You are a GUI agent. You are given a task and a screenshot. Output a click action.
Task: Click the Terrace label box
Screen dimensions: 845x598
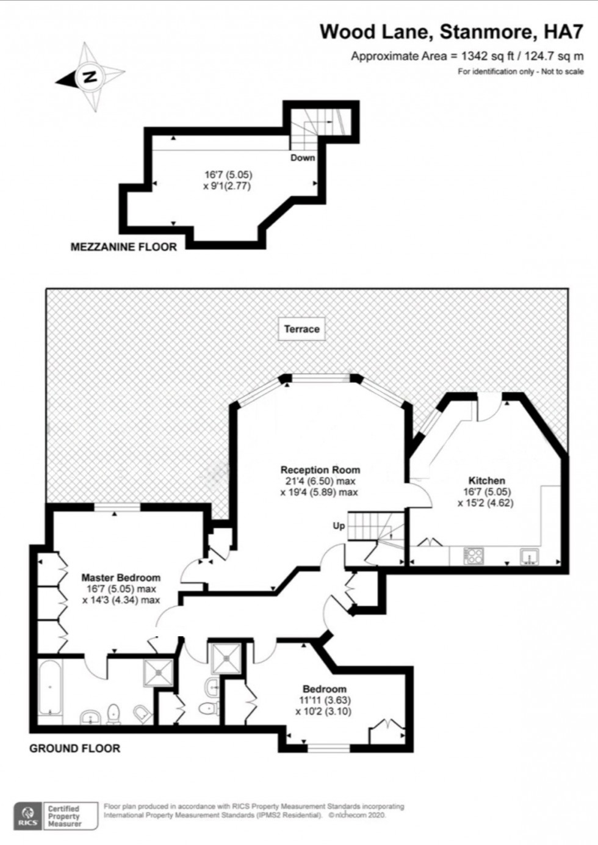(x=301, y=328)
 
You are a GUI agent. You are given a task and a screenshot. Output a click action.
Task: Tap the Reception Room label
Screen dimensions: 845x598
(x=320, y=470)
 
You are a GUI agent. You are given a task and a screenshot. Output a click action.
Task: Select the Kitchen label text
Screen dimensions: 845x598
(x=486, y=481)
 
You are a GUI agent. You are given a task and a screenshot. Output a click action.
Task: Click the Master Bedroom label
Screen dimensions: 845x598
(x=121, y=577)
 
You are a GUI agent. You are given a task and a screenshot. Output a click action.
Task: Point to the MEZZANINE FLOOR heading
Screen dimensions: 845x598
(x=124, y=247)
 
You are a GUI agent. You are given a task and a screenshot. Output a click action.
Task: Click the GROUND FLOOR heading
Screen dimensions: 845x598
(x=74, y=748)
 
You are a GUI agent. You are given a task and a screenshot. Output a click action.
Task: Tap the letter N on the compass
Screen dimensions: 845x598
(x=90, y=78)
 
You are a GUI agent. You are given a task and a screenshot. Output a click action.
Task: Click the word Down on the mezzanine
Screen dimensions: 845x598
(x=303, y=158)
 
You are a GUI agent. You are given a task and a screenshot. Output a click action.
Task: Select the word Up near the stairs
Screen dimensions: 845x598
(x=339, y=526)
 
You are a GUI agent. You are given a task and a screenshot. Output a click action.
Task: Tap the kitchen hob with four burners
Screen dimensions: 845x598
(x=474, y=556)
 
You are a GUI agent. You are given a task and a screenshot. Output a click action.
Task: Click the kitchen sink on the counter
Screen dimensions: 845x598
(x=529, y=556)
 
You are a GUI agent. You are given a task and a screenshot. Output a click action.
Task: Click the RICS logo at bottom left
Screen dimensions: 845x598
(x=27, y=816)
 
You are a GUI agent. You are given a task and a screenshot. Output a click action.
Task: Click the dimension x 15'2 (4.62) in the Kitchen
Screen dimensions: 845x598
(x=485, y=503)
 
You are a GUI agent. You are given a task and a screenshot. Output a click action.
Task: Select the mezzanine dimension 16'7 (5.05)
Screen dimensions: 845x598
(x=228, y=175)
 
